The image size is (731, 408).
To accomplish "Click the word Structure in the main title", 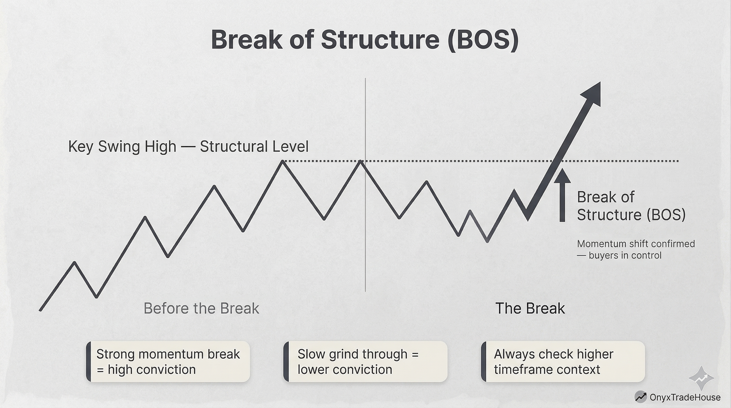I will click(x=380, y=40).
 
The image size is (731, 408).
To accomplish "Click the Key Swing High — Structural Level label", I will click(x=188, y=147).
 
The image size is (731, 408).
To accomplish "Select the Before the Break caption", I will click(x=201, y=308).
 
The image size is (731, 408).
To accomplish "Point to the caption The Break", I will click(x=530, y=308).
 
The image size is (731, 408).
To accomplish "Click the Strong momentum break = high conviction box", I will click(x=168, y=362).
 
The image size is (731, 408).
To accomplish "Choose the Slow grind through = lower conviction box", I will click(x=365, y=362).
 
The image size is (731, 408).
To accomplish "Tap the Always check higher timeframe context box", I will click(x=563, y=362).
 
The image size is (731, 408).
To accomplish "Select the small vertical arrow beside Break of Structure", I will click(x=562, y=196).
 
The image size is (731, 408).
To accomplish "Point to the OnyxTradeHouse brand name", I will click(x=685, y=397).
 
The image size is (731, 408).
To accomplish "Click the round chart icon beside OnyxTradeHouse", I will click(x=640, y=397).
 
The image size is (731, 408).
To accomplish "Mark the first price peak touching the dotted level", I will click(x=283, y=162).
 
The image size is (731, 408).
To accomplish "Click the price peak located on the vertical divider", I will click(x=360, y=162).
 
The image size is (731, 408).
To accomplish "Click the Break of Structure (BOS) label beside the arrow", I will click(x=631, y=206).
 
